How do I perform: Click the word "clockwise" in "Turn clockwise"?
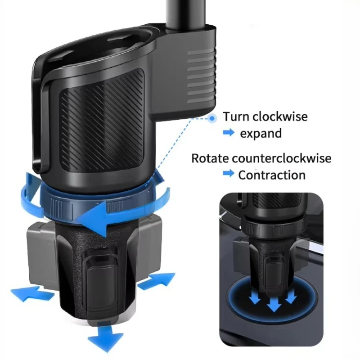click(280, 117)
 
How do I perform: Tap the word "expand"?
click(261, 134)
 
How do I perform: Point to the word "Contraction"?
click(271, 175)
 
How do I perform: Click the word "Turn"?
click(236, 117)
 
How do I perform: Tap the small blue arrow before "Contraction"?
click(229, 174)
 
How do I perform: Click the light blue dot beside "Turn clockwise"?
click(212, 118)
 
